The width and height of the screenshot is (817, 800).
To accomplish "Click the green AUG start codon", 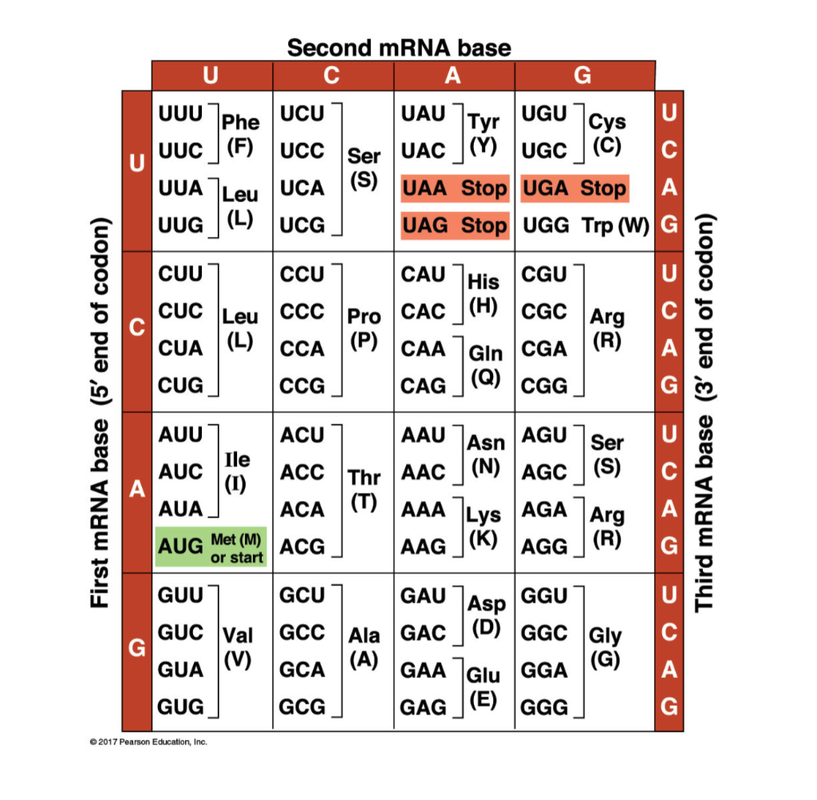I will pos(211,547).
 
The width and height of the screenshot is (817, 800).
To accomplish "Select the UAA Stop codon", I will pos(454,188).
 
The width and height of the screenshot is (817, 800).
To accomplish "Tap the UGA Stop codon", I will pos(574,188).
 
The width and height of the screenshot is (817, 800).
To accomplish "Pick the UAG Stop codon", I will pos(454,226).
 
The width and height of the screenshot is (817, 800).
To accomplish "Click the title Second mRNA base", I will pos(399,48).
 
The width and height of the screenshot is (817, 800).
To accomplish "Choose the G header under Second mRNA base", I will pos(583,76).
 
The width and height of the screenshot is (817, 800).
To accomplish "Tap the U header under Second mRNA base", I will pos(211,76).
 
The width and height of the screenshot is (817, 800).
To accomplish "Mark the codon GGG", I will pos(544,707).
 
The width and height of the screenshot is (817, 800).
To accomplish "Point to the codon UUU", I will pos(181,113).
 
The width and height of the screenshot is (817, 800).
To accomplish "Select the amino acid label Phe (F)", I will pos(240,134).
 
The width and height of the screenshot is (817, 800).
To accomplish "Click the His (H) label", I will pos(483,294).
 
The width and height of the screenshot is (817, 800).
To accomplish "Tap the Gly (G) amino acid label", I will pos(605,648).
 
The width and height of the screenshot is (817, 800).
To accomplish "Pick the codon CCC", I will pos(302,311).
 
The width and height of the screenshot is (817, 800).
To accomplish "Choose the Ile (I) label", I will pos(238,471).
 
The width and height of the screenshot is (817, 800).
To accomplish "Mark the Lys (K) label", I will pos(483,527).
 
